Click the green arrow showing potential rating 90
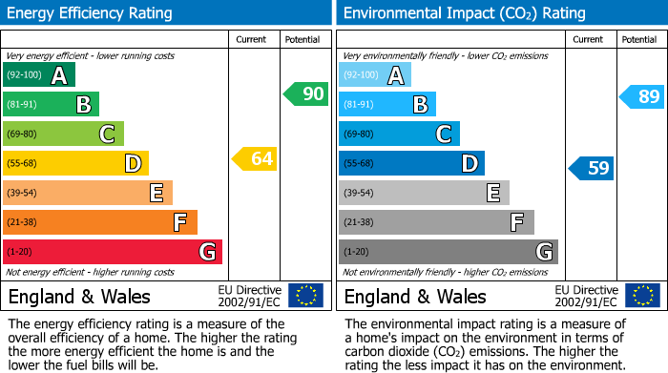[305, 93]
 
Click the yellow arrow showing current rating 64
[255, 159]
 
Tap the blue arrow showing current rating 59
[592, 169]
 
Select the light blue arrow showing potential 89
[641, 96]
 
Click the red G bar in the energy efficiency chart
[112, 252]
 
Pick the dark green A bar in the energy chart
[38, 75]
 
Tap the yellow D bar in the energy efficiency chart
[75, 164]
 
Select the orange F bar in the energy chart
[99, 222]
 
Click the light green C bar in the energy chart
[63, 135]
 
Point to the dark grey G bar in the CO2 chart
[448, 252]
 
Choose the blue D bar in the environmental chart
[411, 164]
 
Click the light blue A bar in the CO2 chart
[375, 75]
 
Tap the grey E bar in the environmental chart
[424, 193]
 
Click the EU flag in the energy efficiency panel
[305, 295]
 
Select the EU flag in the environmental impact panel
[641, 295]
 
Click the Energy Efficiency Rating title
[91, 13]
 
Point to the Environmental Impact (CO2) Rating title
[464, 13]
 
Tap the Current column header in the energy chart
[253, 39]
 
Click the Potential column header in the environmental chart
[638, 39]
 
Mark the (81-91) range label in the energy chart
[22, 105]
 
